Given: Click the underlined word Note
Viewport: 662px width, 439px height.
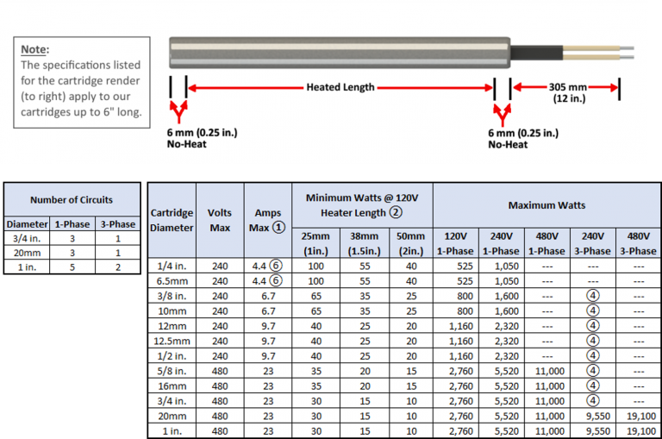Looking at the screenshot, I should pyautogui.click(x=35, y=49).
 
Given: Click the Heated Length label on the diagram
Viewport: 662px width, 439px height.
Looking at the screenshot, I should pyautogui.click(x=340, y=87).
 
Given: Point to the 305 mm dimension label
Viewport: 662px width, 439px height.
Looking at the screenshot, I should pyautogui.click(x=568, y=87).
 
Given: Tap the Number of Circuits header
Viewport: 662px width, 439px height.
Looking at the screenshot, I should pyautogui.click(x=72, y=200).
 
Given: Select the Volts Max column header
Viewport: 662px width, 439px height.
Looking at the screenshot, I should pyautogui.click(x=220, y=219).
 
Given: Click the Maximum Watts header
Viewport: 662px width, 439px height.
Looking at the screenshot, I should pyautogui.click(x=546, y=205).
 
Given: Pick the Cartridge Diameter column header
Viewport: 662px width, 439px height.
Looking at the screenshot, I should pyautogui.click(x=172, y=220).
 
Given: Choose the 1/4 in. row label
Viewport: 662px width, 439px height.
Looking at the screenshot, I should pyautogui.click(x=172, y=267).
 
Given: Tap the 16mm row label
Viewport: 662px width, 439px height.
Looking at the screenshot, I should pyautogui.click(x=172, y=386).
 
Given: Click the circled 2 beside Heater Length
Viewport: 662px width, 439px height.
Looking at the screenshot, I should pyautogui.click(x=396, y=212).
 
